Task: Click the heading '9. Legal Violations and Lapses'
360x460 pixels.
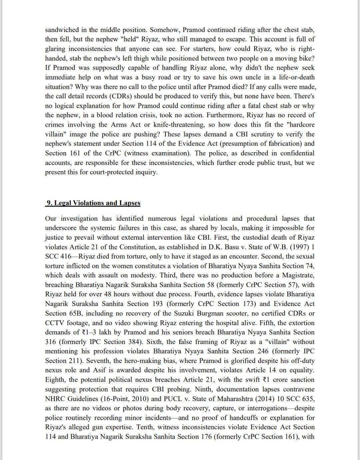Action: click(x=93, y=203)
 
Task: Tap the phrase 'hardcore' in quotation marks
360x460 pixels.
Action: click(x=302, y=125)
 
